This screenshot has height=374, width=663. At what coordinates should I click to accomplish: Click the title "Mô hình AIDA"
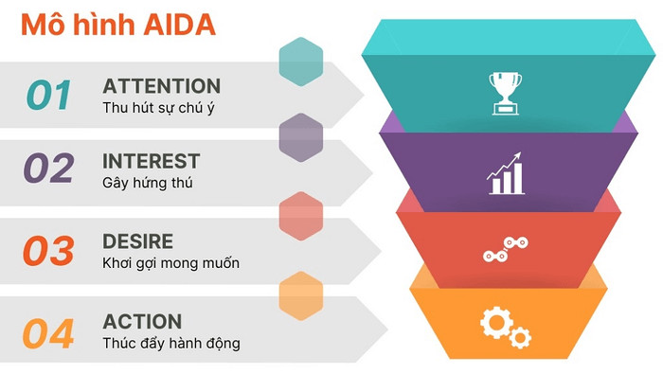point(118,26)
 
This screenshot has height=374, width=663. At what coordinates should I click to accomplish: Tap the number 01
point(48,96)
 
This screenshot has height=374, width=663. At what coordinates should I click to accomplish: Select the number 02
point(48,169)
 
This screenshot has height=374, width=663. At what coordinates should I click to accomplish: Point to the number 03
point(48,251)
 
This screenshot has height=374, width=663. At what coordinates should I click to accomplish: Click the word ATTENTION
point(161,86)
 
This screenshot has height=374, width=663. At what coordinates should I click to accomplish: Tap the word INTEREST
point(151,160)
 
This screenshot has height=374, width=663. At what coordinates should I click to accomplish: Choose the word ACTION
point(142,322)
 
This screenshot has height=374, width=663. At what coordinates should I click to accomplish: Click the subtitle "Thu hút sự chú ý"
point(158,108)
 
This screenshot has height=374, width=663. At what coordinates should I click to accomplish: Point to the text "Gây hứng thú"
point(147,182)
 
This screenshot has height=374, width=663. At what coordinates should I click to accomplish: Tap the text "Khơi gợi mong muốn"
point(170,263)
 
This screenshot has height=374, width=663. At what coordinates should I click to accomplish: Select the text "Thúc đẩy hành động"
point(170,344)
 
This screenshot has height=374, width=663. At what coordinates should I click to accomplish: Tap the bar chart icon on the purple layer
point(506,173)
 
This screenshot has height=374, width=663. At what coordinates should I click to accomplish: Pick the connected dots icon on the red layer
point(505,250)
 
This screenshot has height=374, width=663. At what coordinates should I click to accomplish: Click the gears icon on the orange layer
point(505,327)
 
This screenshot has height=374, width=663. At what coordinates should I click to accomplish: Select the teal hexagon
point(301,60)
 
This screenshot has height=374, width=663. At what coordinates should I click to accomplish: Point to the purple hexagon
point(301,137)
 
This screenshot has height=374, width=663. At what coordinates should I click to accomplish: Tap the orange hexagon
point(301,296)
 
